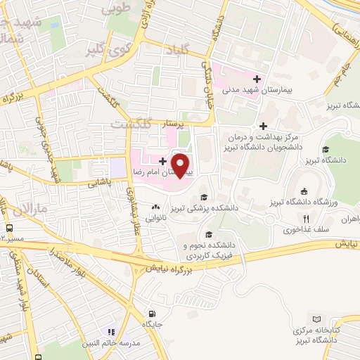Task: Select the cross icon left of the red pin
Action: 162,161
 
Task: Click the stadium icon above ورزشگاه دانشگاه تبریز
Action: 304,192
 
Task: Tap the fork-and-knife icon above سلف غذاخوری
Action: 306,219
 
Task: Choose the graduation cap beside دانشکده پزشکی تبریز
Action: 204,197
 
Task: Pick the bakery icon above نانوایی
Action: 155,207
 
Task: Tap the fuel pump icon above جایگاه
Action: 151,314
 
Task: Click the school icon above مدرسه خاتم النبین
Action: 110,331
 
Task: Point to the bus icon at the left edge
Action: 9,228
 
